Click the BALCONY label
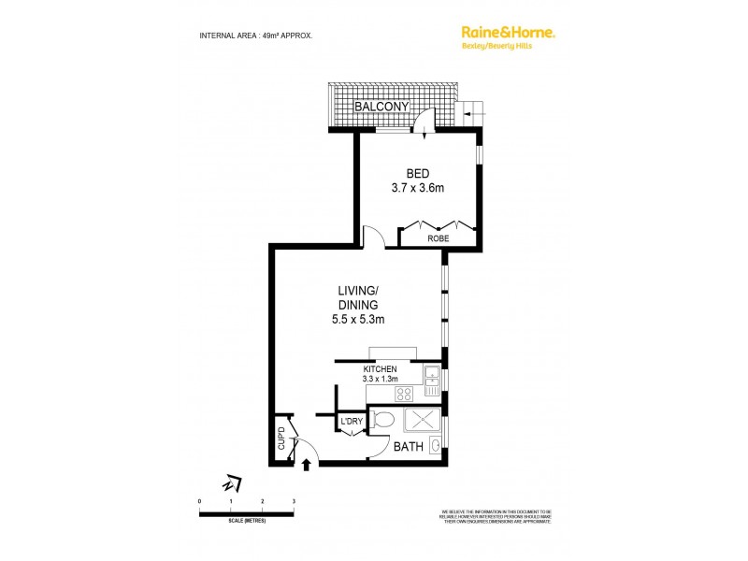point(384,108)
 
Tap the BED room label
point(417,173)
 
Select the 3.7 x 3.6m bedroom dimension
point(417,188)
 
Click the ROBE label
point(438,238)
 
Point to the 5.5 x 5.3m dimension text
point(358,319)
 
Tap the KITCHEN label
point(381,369)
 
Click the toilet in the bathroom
point(381,420)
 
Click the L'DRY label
point(351,423)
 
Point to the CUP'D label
point(280,439)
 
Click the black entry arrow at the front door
point(308,462)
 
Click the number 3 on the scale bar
point(294,503)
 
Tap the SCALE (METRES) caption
point(246,520)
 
